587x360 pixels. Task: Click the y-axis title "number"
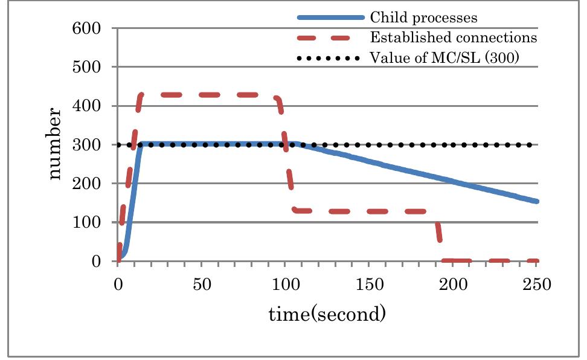click(x=55, y=144)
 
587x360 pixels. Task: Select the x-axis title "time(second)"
click(x=327, y=314)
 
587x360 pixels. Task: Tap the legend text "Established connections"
click(x=453, y=37)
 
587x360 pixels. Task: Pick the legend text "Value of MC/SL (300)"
click(x=444, y=58)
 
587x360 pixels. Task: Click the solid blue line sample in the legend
click(x=330, y=16)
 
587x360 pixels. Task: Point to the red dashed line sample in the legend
click(x=330, y=37)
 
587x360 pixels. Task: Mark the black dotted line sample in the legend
click(x=330, y=59)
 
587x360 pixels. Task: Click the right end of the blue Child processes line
click(x=536, y=201)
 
